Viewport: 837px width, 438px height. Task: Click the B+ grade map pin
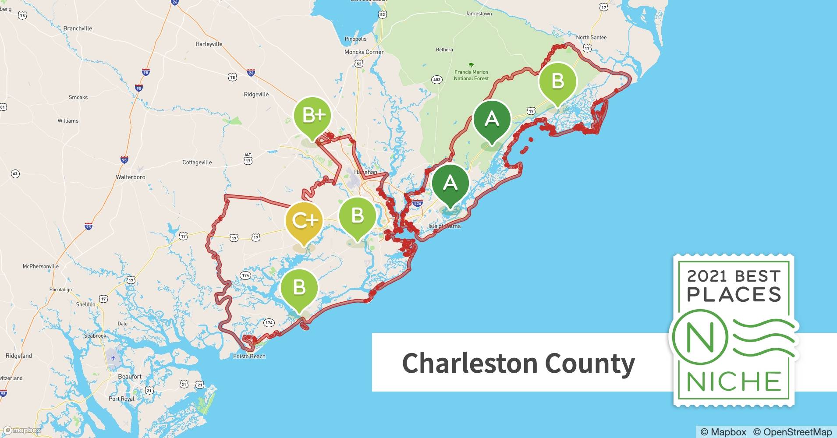pos(312,116)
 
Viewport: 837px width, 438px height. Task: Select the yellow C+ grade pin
pos(304,221)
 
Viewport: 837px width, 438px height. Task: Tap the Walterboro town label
pos(130,177)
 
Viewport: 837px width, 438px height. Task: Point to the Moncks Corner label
pos(364,52)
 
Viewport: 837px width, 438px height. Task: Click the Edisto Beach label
pos(249,356)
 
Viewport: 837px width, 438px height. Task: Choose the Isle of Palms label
pos(444,226)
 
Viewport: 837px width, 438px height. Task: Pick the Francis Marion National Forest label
pos(471,75)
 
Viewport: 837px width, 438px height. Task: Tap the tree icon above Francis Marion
pos(471,65)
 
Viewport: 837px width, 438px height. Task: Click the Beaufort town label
pos(130,376)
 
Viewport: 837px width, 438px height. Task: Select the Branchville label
pos(78,28)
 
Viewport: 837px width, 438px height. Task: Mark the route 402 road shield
pos(436,80)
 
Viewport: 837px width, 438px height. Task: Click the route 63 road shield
pos(15,174)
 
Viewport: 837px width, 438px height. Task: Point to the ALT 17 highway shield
pos(248,159)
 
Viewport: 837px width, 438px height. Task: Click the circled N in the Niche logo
pos(700,337)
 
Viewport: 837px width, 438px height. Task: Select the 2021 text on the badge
pos(706,276)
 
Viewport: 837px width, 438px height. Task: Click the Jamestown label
pos(478,14)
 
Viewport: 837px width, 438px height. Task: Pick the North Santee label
pos(591,38)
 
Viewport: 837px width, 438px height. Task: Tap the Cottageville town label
pos(197,162)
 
